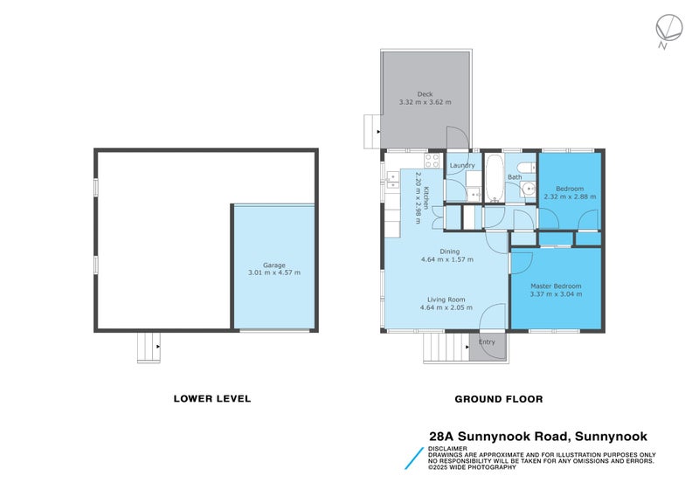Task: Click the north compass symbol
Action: [668, 29]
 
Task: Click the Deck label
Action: [425, 93]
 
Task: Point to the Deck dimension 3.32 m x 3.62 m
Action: [425, 102]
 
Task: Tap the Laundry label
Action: [461, 165]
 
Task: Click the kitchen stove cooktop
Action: [431, 161]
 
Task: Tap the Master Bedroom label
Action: [556, 286]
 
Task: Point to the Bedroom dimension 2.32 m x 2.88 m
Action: [570, 196]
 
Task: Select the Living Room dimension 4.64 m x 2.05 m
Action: [446, 307]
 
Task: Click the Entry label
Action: [487, 341]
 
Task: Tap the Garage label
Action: [273, 265]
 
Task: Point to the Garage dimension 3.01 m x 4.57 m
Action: [273, 273]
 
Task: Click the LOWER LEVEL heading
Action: [212, 398]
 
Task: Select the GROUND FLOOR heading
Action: [499, 398]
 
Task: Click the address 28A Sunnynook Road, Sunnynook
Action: [537, 436]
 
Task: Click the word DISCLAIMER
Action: [446, 449]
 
